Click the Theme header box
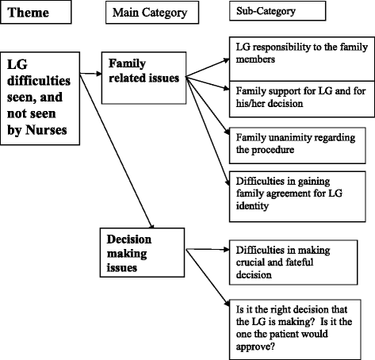(x=40, y=13)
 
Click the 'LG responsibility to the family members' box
(x=298, y=52)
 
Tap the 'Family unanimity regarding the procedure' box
(x=298, y=140)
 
